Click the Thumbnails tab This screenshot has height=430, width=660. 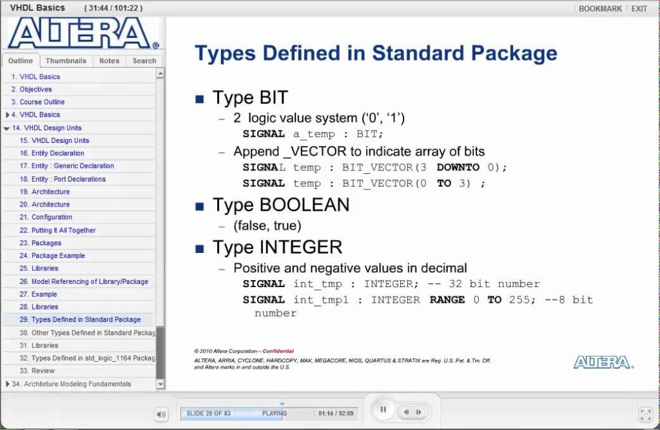point(66,61)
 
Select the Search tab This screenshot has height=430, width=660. point(144,61)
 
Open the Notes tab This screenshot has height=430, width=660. point(109,61)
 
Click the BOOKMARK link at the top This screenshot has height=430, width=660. point(600,8)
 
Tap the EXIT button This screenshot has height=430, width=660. point(639,8)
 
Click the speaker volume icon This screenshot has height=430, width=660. point(161,415)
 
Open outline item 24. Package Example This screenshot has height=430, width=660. point(52,256)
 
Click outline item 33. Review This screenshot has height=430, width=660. point(37,371)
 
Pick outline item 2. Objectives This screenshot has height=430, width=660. point(32,89)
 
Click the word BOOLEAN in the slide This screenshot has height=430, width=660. point(304,205)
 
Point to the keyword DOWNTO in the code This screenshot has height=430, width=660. point(458,167)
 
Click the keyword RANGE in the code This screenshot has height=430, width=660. point(447,300)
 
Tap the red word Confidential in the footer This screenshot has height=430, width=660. point(278,351)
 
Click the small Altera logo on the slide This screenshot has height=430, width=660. point(603,362)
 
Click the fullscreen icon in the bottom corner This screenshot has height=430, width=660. point(646,415)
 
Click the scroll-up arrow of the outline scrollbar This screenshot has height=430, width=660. point(160,73)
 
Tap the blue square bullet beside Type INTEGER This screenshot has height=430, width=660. point(200,249)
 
